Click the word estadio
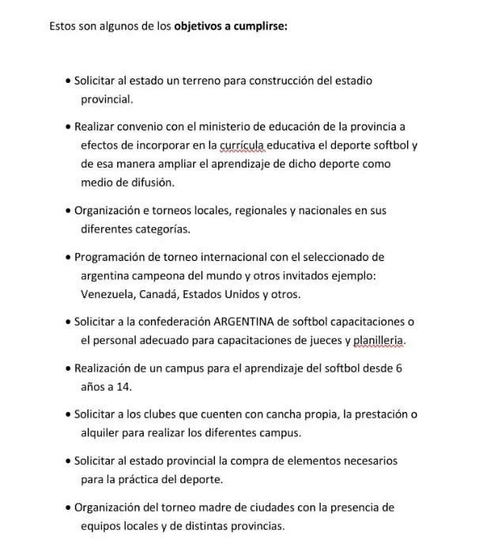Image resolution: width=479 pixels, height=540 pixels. [351, 81]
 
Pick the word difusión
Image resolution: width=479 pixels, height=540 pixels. [149, 183]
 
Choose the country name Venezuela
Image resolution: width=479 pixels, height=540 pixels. [108, 295]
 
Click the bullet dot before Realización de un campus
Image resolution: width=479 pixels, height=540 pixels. [69, 368]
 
